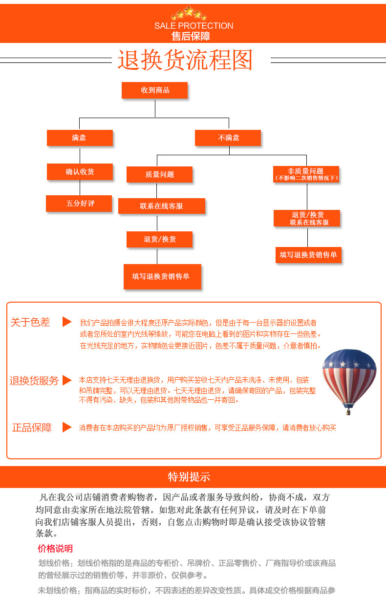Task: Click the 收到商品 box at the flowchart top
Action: [155, 90]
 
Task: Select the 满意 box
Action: [80, 138]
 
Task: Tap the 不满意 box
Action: [228, 138]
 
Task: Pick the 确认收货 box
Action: [80, 171]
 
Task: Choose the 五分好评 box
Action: [79, 203]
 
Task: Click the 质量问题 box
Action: [159, 174]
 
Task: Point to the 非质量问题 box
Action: [306, 174]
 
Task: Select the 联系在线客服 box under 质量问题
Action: [161, 206]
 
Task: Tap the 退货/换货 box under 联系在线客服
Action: [159, 239]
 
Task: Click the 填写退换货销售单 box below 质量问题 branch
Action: [162, 276]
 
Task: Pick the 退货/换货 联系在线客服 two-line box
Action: [307, 218]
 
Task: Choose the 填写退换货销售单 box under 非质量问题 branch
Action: [308, 255]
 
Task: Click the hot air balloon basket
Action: [348, 411]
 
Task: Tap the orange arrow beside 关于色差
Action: [67, 322]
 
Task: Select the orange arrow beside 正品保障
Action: [67, 427]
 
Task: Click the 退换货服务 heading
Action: [34, 381]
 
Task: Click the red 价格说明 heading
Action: [55, 548]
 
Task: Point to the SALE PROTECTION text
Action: [193, 26]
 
